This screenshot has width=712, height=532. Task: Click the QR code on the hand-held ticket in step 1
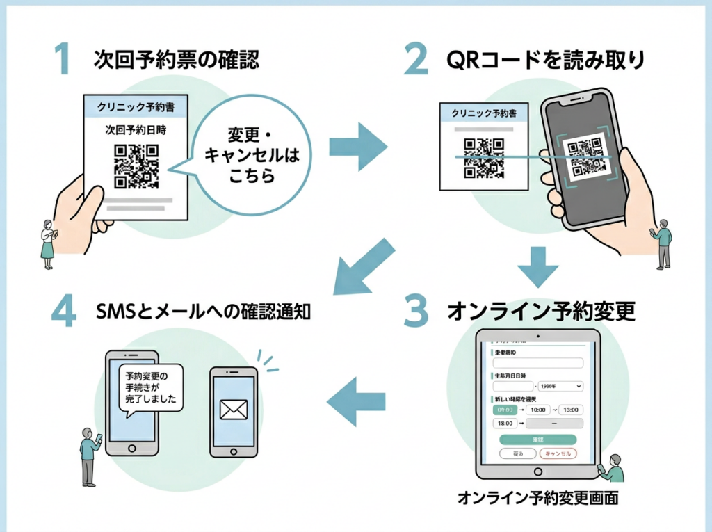pyautogui.click(x=136, y=166)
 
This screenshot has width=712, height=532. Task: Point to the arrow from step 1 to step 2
pyautogui.click(x=357, y=145)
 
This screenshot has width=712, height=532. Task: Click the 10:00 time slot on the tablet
pyautogui.click(x=541, y=410)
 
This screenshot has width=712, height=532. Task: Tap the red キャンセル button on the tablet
pyautogui.click(x=558, y=453)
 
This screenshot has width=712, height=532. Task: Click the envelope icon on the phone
pyautogui.click(x=233, y=410)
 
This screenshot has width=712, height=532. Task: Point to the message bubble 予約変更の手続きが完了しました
pyautogui.click(x=149, y=387)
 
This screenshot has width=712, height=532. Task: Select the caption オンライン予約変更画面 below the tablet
pyautogui.click(x=537, y=498)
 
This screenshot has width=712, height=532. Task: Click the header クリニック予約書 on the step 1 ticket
pyautogui.click(x=136, y=108)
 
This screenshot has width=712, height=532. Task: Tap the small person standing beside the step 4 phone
pyautogui.click(x=89, y=456)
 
